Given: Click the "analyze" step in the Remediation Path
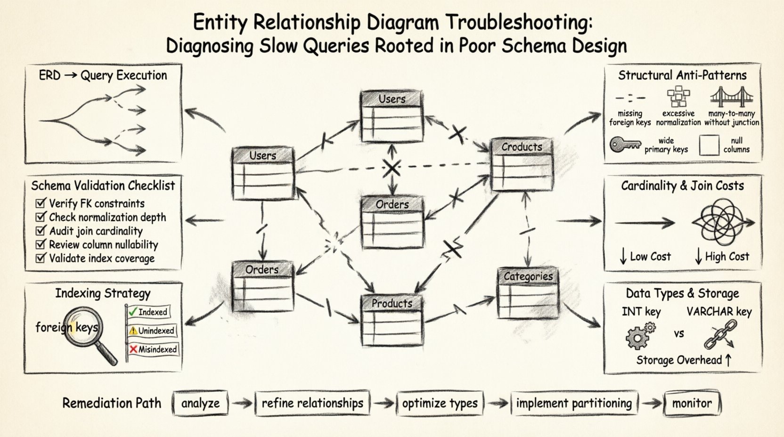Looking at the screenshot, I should coord(200,403).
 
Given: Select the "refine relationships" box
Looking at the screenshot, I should coord(312,403).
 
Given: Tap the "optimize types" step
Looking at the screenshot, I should coord(440,404).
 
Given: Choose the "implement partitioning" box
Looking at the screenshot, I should coord(574,403).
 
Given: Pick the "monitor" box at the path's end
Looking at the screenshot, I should coord(692,403).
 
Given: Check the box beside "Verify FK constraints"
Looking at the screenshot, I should coord(41,203).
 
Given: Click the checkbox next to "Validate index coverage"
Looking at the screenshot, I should coord(41,258).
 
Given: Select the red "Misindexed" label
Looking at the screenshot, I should coord(153,349).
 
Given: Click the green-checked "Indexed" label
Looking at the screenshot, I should coord(148,312).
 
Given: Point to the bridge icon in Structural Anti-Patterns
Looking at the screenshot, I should coord(732,97).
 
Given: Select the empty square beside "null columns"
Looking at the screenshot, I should coord(709,145).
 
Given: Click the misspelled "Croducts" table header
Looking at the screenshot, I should coord(522,147).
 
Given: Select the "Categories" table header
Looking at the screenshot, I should coord(528,276).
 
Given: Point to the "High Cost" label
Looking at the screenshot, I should coord(722,257).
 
